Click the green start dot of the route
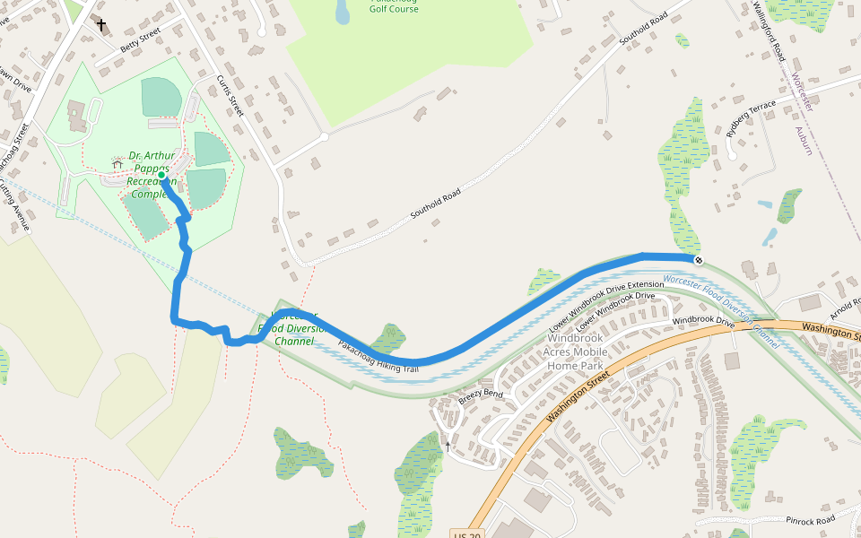[161, 176]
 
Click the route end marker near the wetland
[699, 260]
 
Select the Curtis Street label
[230, 96]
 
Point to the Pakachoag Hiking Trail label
[378, 357]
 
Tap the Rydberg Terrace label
[751, 117]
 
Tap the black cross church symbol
[101, 25]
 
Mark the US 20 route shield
[466, 534]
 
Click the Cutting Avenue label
[14, 205]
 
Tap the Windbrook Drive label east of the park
[703, 320]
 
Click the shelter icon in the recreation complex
[117, 164]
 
